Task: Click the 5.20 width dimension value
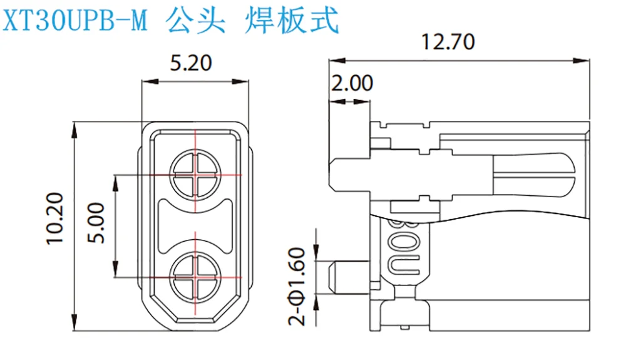[192, 64]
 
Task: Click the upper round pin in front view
[195, 175]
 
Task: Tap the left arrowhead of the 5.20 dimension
[146, 81]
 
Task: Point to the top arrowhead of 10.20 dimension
[74, 126]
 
